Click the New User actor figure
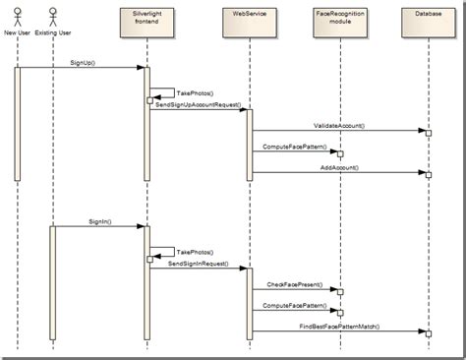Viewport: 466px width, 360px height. point(17,16)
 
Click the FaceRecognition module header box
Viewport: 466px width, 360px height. point(337,21)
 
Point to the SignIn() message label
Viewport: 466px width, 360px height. point(99,220)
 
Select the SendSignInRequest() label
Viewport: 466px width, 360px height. point(198,263)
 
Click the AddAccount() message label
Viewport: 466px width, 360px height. point(339,167)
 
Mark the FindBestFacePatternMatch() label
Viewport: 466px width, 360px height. point(339,326)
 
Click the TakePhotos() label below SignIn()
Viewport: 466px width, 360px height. point(193,252)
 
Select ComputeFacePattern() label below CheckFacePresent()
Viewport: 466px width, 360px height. point(296,305)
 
